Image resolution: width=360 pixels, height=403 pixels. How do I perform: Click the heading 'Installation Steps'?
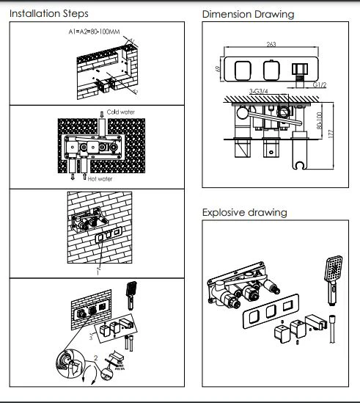49,14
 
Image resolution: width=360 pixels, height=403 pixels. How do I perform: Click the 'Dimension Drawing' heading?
248,15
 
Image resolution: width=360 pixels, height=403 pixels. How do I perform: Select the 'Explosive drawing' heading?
244,213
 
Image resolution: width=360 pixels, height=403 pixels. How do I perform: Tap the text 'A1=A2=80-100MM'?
94,32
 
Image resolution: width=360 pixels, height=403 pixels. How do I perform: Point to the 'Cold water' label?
121,112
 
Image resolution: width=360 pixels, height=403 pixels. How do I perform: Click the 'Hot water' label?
100,179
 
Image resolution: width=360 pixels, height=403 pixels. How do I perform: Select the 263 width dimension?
271,44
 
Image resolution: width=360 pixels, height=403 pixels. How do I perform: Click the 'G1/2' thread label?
320,85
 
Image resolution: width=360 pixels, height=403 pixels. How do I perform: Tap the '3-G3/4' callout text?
259,91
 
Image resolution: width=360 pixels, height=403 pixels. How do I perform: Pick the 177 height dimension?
331,134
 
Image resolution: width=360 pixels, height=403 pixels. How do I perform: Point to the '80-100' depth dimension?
320,120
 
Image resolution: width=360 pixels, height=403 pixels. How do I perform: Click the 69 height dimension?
218,69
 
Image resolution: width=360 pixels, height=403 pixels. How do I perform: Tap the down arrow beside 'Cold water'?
102,114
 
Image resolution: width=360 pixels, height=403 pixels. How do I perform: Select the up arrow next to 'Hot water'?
84,177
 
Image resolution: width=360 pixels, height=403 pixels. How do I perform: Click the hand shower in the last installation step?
131,296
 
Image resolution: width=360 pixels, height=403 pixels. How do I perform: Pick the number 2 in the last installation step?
96,357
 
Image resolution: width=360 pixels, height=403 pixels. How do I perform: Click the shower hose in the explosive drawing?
332,328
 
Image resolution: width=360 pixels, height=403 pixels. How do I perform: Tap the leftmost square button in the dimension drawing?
243,70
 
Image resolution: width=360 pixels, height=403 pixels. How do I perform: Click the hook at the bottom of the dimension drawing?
300,165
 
